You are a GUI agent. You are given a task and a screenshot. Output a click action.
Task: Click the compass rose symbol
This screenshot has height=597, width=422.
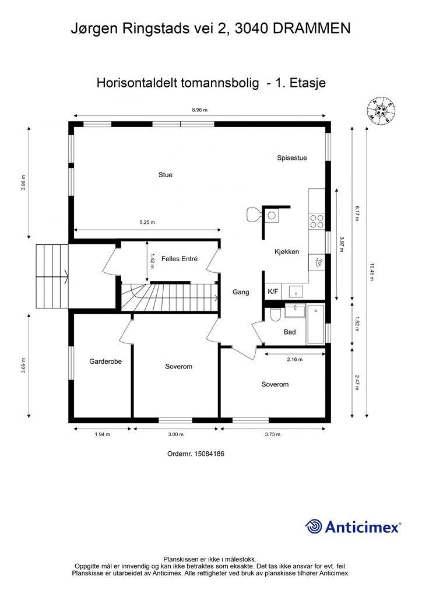click(x=380, y=110)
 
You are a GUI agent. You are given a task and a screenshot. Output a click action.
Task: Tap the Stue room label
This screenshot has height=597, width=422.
click(x=166, y=175)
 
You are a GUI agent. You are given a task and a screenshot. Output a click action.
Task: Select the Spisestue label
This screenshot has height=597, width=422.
click(x=292, y=158)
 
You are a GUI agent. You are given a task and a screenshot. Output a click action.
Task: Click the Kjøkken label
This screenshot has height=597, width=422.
click(x=287, y=252)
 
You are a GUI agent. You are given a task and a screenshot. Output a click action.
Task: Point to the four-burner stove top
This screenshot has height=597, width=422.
click(x=316, y=221)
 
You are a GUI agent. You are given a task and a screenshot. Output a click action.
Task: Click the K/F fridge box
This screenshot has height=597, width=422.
click(x=273, y=292)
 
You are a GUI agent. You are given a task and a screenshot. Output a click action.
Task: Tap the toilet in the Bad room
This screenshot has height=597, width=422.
click(x=275, y=314)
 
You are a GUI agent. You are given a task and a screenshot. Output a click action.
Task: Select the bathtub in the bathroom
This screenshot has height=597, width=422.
click(x=316, y=324)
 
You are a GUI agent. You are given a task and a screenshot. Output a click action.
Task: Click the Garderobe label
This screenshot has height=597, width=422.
click(x=105, y=361)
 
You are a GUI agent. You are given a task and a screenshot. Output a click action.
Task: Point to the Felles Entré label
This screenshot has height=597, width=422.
click(x=180, y=259)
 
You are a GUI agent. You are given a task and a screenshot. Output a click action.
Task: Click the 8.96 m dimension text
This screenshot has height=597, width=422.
click(x=200, y=110)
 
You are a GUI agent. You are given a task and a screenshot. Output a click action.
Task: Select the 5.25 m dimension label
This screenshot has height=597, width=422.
click(x=147, y=222)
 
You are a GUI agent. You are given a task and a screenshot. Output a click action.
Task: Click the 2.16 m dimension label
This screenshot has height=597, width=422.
click(x=295, y=359)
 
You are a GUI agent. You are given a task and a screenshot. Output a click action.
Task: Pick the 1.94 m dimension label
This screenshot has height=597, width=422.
click(x=103, y=434)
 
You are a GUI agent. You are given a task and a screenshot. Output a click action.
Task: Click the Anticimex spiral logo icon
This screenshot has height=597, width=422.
click(x=314, y=526)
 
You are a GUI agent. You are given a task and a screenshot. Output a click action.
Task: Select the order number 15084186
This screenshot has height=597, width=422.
click(x=209, y=454)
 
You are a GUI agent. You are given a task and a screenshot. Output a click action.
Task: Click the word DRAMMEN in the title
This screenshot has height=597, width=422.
click(x=312, y=29)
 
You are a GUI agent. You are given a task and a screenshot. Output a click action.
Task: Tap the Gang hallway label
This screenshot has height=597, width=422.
click(x=241, y=293)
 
